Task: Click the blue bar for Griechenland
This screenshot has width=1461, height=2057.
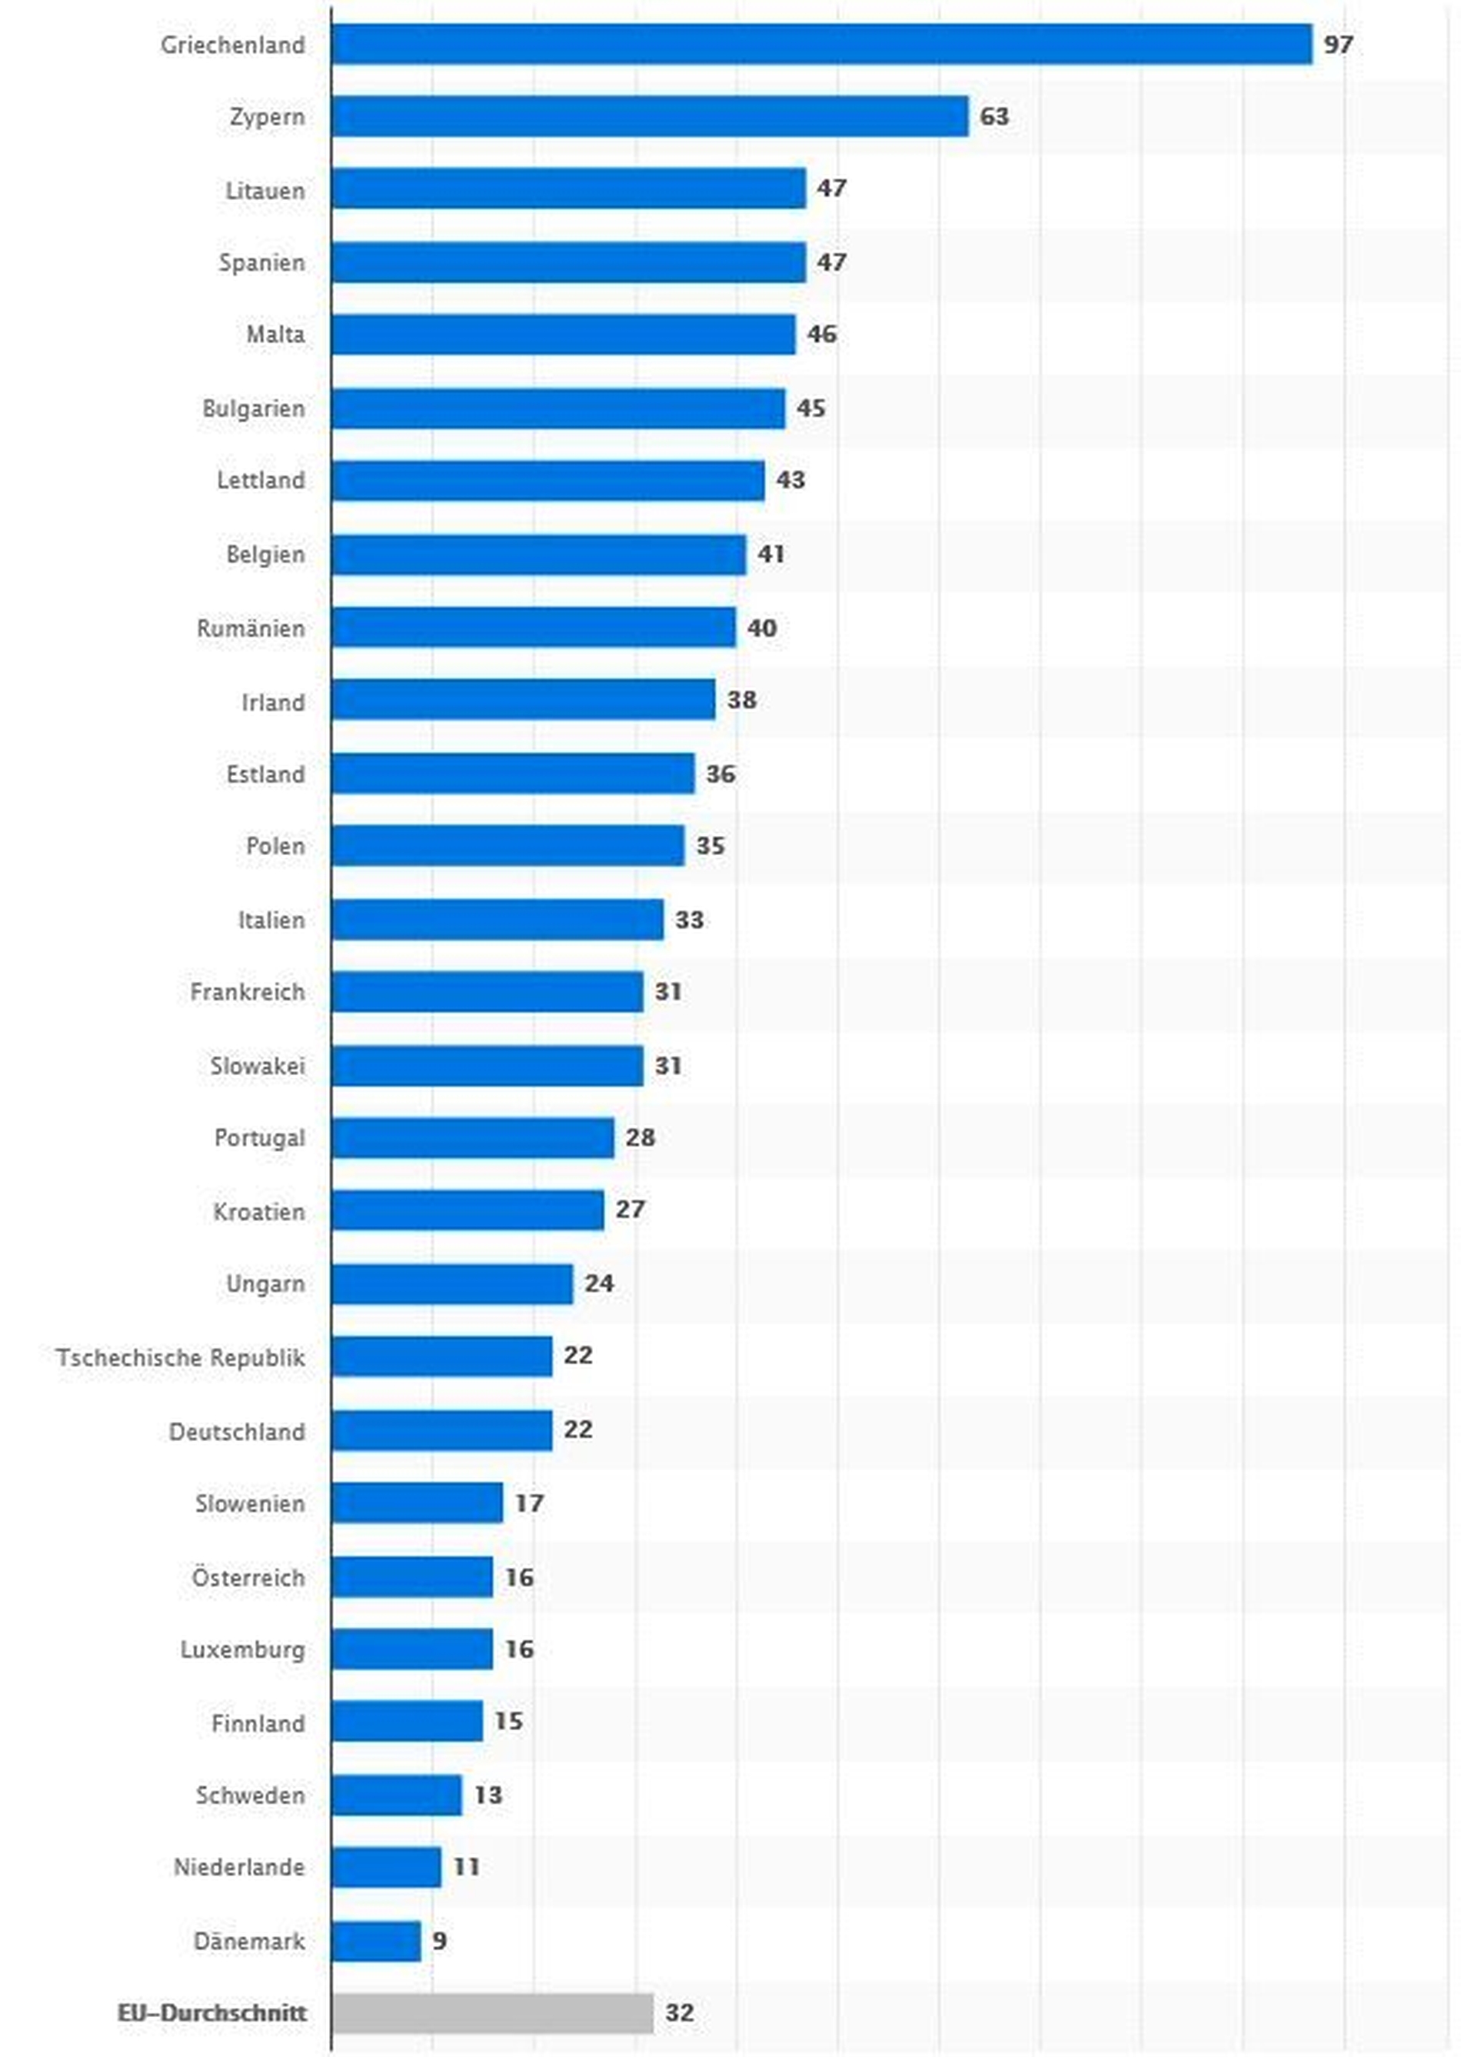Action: click(820, 44)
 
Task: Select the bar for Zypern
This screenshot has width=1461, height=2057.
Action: click(650, 117)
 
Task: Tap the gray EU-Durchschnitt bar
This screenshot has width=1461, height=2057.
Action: click(492, 2012)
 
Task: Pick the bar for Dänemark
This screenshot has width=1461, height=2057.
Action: click(376, 1940)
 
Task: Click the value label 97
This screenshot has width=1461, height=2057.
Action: click(1338, 44)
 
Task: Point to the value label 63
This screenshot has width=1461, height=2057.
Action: click(994, 117)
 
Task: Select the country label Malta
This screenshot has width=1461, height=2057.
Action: click(275, 335)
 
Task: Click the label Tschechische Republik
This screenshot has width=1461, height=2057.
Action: click(181, 1356)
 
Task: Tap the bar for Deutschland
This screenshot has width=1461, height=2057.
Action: click(441, 1430)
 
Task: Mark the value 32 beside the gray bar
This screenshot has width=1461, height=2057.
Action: click(679, 2012)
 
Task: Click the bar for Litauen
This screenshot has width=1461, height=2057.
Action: click(567, 189)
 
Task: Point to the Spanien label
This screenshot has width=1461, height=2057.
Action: click(261, 263)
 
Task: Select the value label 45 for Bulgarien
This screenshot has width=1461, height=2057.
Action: click(810, 408)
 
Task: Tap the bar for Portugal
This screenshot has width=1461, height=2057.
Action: click(472, 1138)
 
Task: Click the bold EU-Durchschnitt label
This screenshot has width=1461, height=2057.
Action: click(212, 2012)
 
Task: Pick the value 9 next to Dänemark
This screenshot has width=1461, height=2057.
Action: click(439, 1940)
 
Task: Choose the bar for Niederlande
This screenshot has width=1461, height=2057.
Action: click(386, 1866)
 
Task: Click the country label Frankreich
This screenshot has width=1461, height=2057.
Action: click(248, 991)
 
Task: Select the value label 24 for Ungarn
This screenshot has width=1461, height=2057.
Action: click(599, 1283)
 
